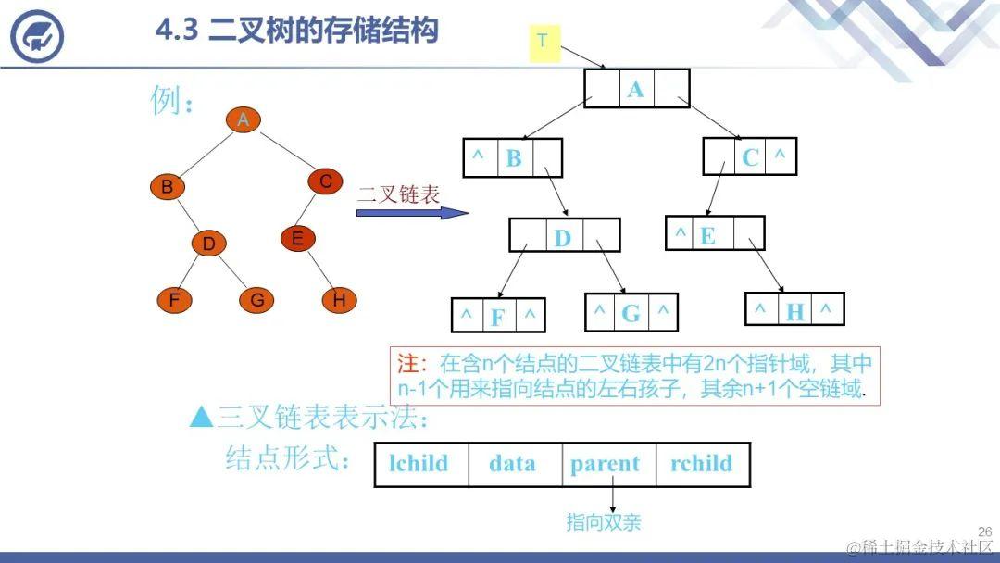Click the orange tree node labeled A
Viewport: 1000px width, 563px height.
243,120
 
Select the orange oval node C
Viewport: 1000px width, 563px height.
325,182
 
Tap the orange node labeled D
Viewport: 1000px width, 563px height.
209,244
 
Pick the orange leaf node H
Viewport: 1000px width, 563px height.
339,300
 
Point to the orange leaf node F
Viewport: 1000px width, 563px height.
174,300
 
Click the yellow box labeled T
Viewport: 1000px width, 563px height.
544,41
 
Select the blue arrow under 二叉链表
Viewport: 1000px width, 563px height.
412,213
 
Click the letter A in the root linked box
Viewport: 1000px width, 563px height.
635,89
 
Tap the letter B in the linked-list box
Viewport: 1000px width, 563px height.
514,158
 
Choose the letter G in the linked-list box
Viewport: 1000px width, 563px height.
631,313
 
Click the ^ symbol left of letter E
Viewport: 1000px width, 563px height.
681,233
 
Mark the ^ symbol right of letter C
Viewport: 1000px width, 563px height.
780,156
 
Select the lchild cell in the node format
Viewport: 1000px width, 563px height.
420,464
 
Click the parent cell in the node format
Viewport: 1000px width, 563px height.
606,464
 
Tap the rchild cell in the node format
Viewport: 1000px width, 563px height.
701,464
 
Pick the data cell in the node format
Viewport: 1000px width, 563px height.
512,464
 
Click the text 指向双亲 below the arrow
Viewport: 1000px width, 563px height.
604,523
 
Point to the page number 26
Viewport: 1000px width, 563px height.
984,532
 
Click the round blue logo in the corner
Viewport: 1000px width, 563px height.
37,36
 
